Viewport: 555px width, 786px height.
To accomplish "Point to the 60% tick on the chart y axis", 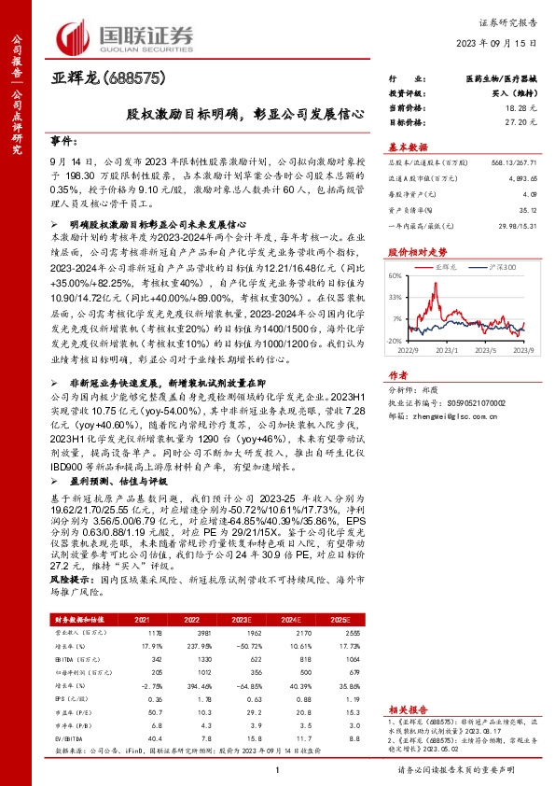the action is tap(395, 276).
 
